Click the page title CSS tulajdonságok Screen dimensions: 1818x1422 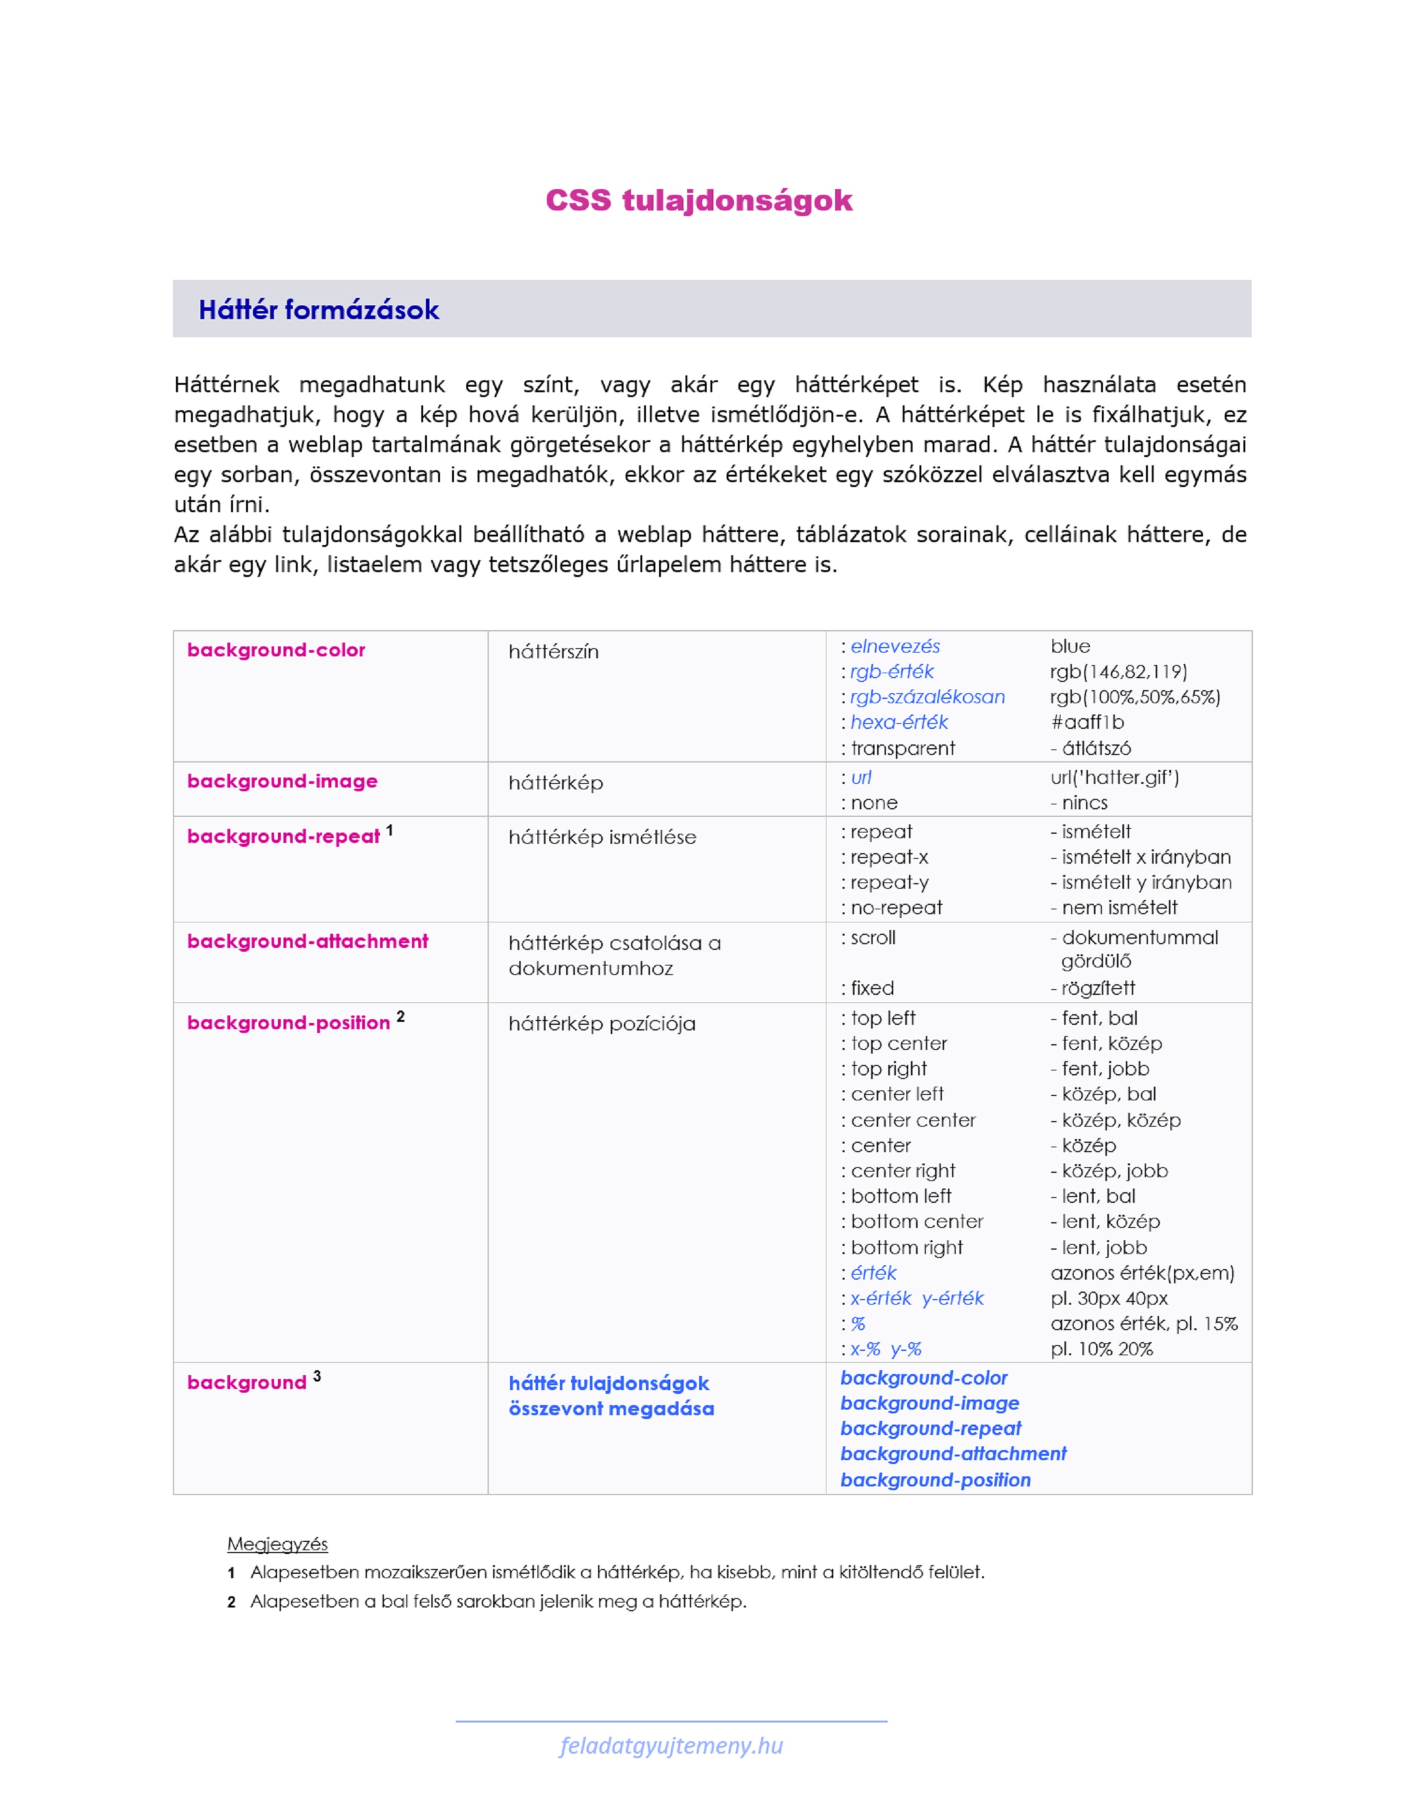click(x=699, y=200)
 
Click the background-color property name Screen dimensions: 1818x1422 click(x=275, y=650)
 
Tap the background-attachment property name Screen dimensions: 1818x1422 click(x=307, y=942)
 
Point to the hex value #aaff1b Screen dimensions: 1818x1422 click(x=1087, y=722)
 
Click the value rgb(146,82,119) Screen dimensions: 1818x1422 click(x=1118, y=671)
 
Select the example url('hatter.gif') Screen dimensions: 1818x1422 click(x=1114, y=778)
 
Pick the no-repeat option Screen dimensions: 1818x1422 click(x=896, y=907)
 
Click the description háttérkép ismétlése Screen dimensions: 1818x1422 click(x=602, y=837)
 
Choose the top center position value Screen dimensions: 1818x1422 click(x=898, y=1044)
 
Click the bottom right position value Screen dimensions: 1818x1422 click(x=906, y=1248)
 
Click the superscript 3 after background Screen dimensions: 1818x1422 click(x=317, y=1376)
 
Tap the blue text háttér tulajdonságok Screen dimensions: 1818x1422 click(x=609, y=1383)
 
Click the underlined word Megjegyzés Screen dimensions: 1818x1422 click(x=277, y=1545)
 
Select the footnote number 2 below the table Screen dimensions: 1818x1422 click(x=232, y=1603)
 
